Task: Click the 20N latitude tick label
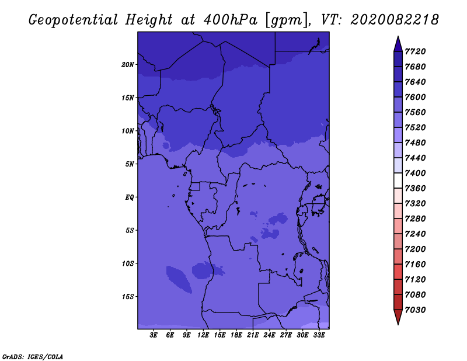click(x=128, y=64)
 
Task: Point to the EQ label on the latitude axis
click(x=130, y=197)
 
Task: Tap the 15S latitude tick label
click(x=128, y=296)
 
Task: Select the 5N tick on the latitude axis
click(x=130, y=164)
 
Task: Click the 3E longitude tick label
click(x=154, y=335)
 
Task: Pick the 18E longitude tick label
click(x=236, y=335)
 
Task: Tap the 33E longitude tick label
click(x=319, y=335)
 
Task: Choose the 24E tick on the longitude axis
click(x=269, y=335)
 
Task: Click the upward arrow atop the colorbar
click(x=398, y=43)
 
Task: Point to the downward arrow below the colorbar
click(x=398, y=317)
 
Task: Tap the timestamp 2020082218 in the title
click(x=395, y=20)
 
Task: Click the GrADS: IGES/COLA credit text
click(x=33, y=356)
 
